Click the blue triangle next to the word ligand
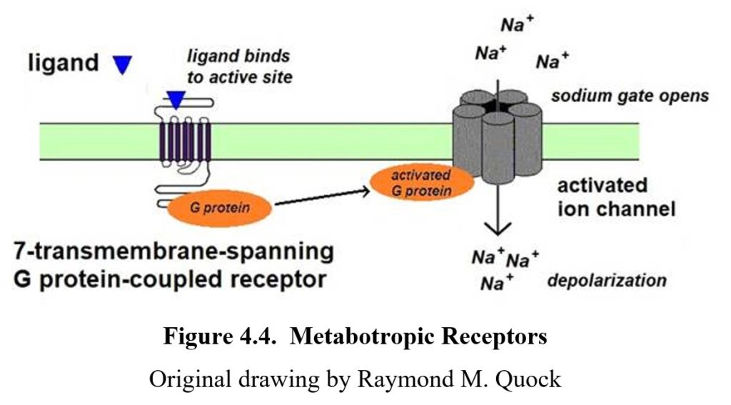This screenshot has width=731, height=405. [123, 65]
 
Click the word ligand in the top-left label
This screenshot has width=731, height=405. [63, 63]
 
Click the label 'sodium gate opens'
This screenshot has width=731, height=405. [630, 96]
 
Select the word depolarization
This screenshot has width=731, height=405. [607, 280]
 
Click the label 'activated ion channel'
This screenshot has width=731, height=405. [615, 198]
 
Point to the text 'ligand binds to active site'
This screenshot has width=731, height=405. [240, 66]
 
